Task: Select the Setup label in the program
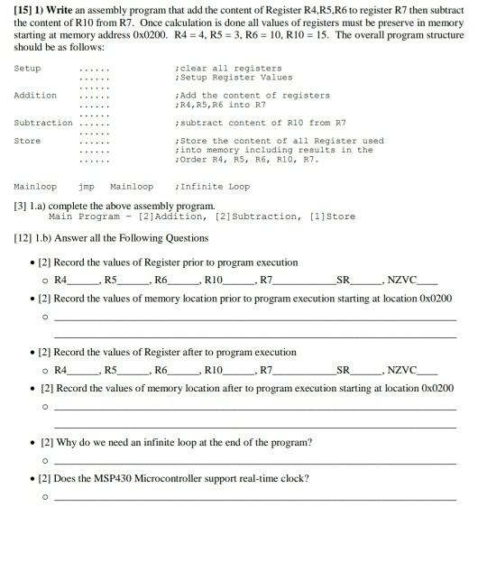[x=28, y=68]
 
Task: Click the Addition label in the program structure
[x=35, y=95]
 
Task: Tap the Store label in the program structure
[x=28, y=141]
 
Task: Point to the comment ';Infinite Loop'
[x=215, y=187]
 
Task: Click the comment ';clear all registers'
[x=231, y=68]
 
